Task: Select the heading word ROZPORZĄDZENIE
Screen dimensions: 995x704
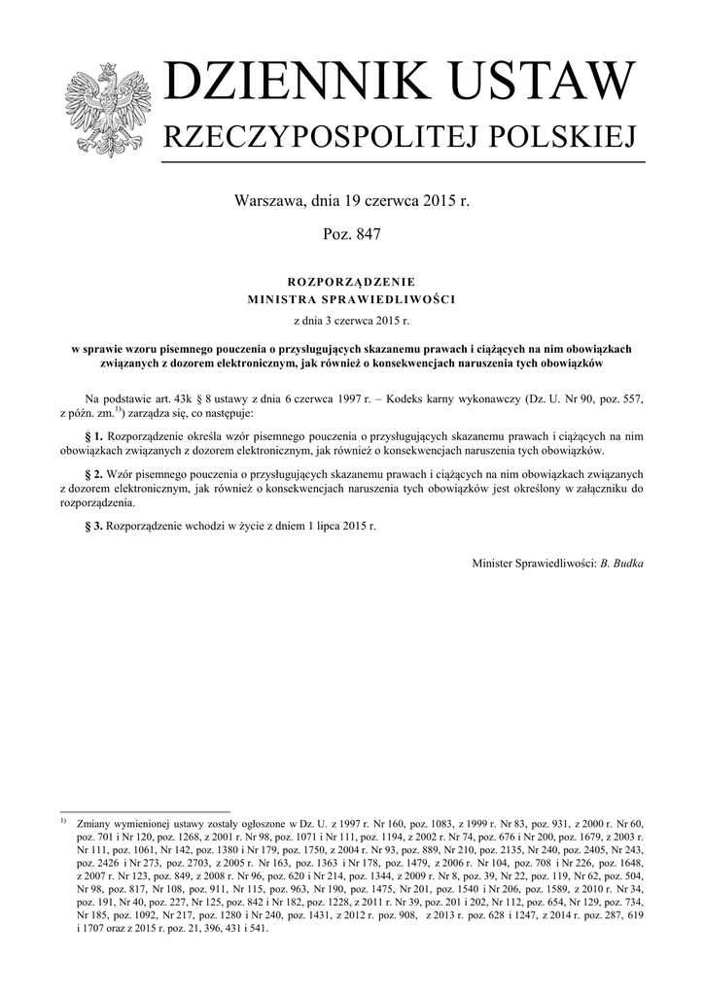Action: (351, 281)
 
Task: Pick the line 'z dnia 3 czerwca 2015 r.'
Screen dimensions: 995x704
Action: (352, 320)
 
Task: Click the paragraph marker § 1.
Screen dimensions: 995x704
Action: (94, 437)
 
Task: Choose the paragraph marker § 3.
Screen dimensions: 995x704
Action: (94, 525)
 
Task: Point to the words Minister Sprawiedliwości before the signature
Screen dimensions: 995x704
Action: (533, 563)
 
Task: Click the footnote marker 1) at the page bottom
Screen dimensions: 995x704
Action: (63, 821)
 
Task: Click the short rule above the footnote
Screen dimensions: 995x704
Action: (145, 810)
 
